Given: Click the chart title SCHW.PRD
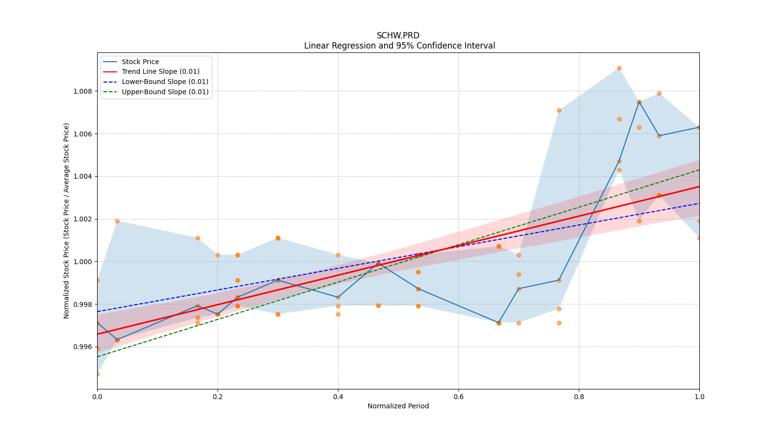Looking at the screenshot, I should (398, 35).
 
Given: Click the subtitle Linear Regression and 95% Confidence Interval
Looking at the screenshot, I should (399, 46).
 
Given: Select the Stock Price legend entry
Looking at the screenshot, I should (140, 62).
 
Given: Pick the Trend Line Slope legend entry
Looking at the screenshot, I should (160, 72).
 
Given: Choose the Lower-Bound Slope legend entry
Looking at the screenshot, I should (165, 82).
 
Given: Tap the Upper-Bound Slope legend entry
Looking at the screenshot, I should (165, 92).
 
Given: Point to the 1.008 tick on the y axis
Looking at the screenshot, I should (83, 91).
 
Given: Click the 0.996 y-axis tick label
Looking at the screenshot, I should (83, 347).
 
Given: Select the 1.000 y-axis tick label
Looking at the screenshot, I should (83, 262).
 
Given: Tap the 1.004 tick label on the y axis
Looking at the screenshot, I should (83, 176).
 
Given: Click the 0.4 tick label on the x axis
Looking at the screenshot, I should (338, 397).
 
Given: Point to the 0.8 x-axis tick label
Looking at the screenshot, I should (579, 397).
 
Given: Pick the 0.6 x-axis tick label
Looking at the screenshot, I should (458, 397).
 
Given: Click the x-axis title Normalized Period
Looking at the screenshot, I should (398, 406).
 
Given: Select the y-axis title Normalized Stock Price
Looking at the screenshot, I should (67, 220).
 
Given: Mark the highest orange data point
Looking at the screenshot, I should (619, 68).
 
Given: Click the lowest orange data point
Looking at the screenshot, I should (97, 374).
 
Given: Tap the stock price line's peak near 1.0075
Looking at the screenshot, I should (639, 102).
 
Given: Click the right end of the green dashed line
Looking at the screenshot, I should (699, 169).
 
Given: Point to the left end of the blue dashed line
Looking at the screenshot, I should (97, 312).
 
